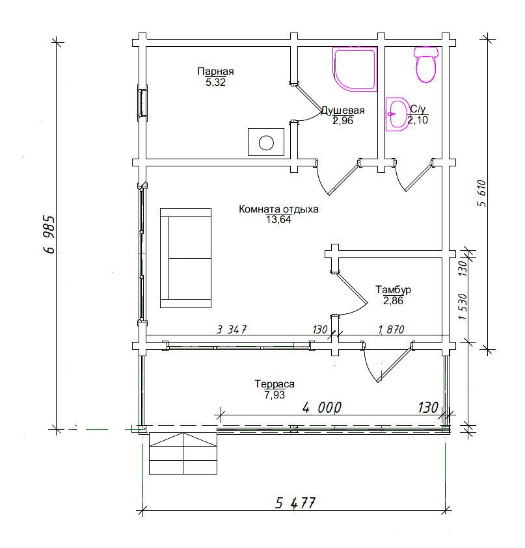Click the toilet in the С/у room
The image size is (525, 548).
[x=425, y=64]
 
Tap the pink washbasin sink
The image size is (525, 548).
[x=397, y=114]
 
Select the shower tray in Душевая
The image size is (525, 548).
[x=355, y=69]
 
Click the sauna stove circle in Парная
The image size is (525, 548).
[x=266, y=142]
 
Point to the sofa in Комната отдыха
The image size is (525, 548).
[x=185, y=258]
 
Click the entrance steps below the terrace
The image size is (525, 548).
[x=183, y=453]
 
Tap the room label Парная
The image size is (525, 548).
[x=215, y=72]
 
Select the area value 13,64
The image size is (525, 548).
[x=278, y=220]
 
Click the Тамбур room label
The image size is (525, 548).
[x=393, y=290]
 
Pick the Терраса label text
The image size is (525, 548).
[x=275, y=384]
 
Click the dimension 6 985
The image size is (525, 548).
[x=49, y=235]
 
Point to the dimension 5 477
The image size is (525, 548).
[x=295, y=503]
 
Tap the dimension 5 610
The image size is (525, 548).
[x=481, y=193]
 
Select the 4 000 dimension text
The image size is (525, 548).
[x=321, y=408]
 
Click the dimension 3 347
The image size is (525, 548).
[x=232, y=329]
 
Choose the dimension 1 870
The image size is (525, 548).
[x=391, y=329]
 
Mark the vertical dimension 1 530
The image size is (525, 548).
[x=463, y=307]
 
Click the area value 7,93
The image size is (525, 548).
[x=275, y=395]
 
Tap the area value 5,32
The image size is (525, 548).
[x=215, y=83]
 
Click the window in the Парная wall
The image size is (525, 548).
[x=142, y=103]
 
